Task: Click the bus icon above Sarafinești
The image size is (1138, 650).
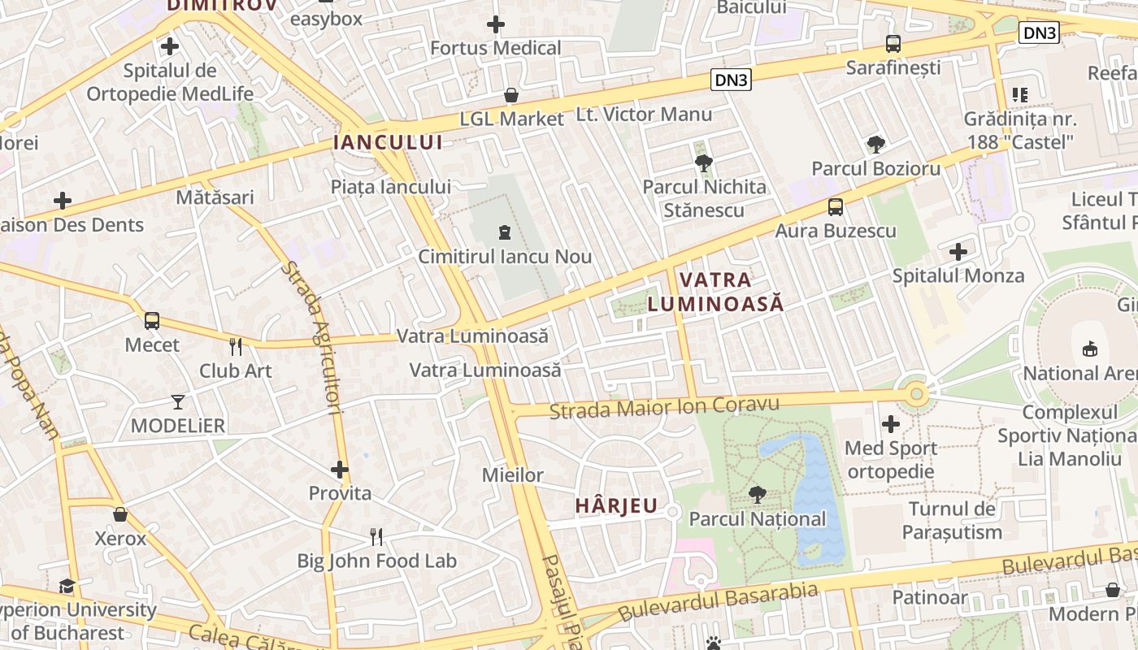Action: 893,44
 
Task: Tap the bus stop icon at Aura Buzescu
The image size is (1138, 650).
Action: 835,207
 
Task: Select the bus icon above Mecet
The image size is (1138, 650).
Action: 152,321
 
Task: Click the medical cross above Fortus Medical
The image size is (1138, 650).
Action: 495,24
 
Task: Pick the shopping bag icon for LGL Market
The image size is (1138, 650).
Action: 511,96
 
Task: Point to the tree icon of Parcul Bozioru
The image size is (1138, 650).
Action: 875,145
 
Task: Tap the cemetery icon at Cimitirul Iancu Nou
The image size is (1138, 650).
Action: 505,233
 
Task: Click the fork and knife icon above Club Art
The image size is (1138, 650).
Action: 236,347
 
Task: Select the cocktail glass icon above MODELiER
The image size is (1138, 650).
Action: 178,401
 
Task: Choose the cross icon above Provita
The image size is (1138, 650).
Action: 340,470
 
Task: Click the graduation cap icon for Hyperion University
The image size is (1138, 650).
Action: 67,586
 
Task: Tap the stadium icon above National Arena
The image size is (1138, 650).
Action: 1089,349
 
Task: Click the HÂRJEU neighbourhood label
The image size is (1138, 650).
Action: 616,505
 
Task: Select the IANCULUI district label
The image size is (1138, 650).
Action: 389,143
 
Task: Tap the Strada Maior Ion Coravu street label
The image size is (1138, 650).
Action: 664,407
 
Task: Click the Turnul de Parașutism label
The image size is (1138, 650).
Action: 952,521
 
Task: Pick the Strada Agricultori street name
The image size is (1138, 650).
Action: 313,337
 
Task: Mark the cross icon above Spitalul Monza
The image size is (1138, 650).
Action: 958,252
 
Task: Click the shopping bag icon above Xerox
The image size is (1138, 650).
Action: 120,515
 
